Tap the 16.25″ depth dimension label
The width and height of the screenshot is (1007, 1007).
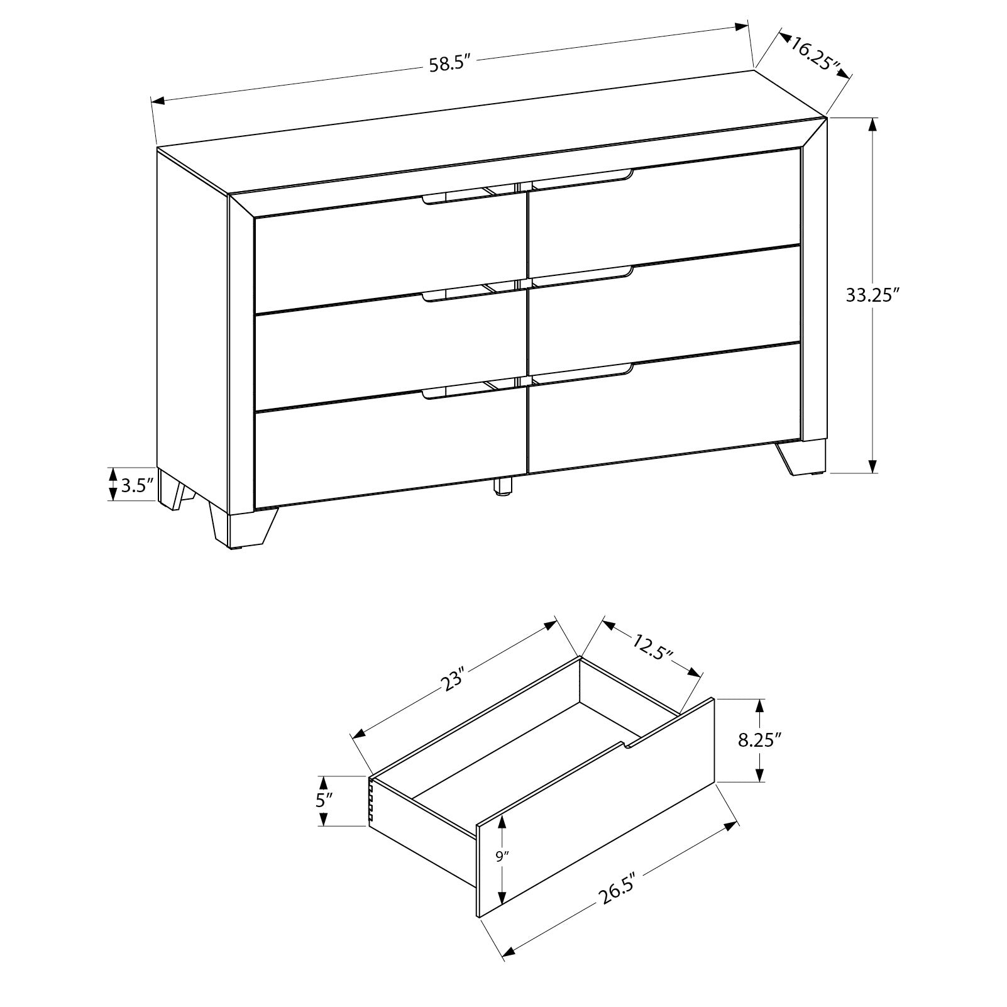(x=816, y=57)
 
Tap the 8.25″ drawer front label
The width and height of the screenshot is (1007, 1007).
(x=759, y=740)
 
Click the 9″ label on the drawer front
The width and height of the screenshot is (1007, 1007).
(x=501, y=856)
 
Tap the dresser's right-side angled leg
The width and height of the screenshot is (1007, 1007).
(x=800, y=457)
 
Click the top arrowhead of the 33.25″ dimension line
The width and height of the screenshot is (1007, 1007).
(x=872, y=125)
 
